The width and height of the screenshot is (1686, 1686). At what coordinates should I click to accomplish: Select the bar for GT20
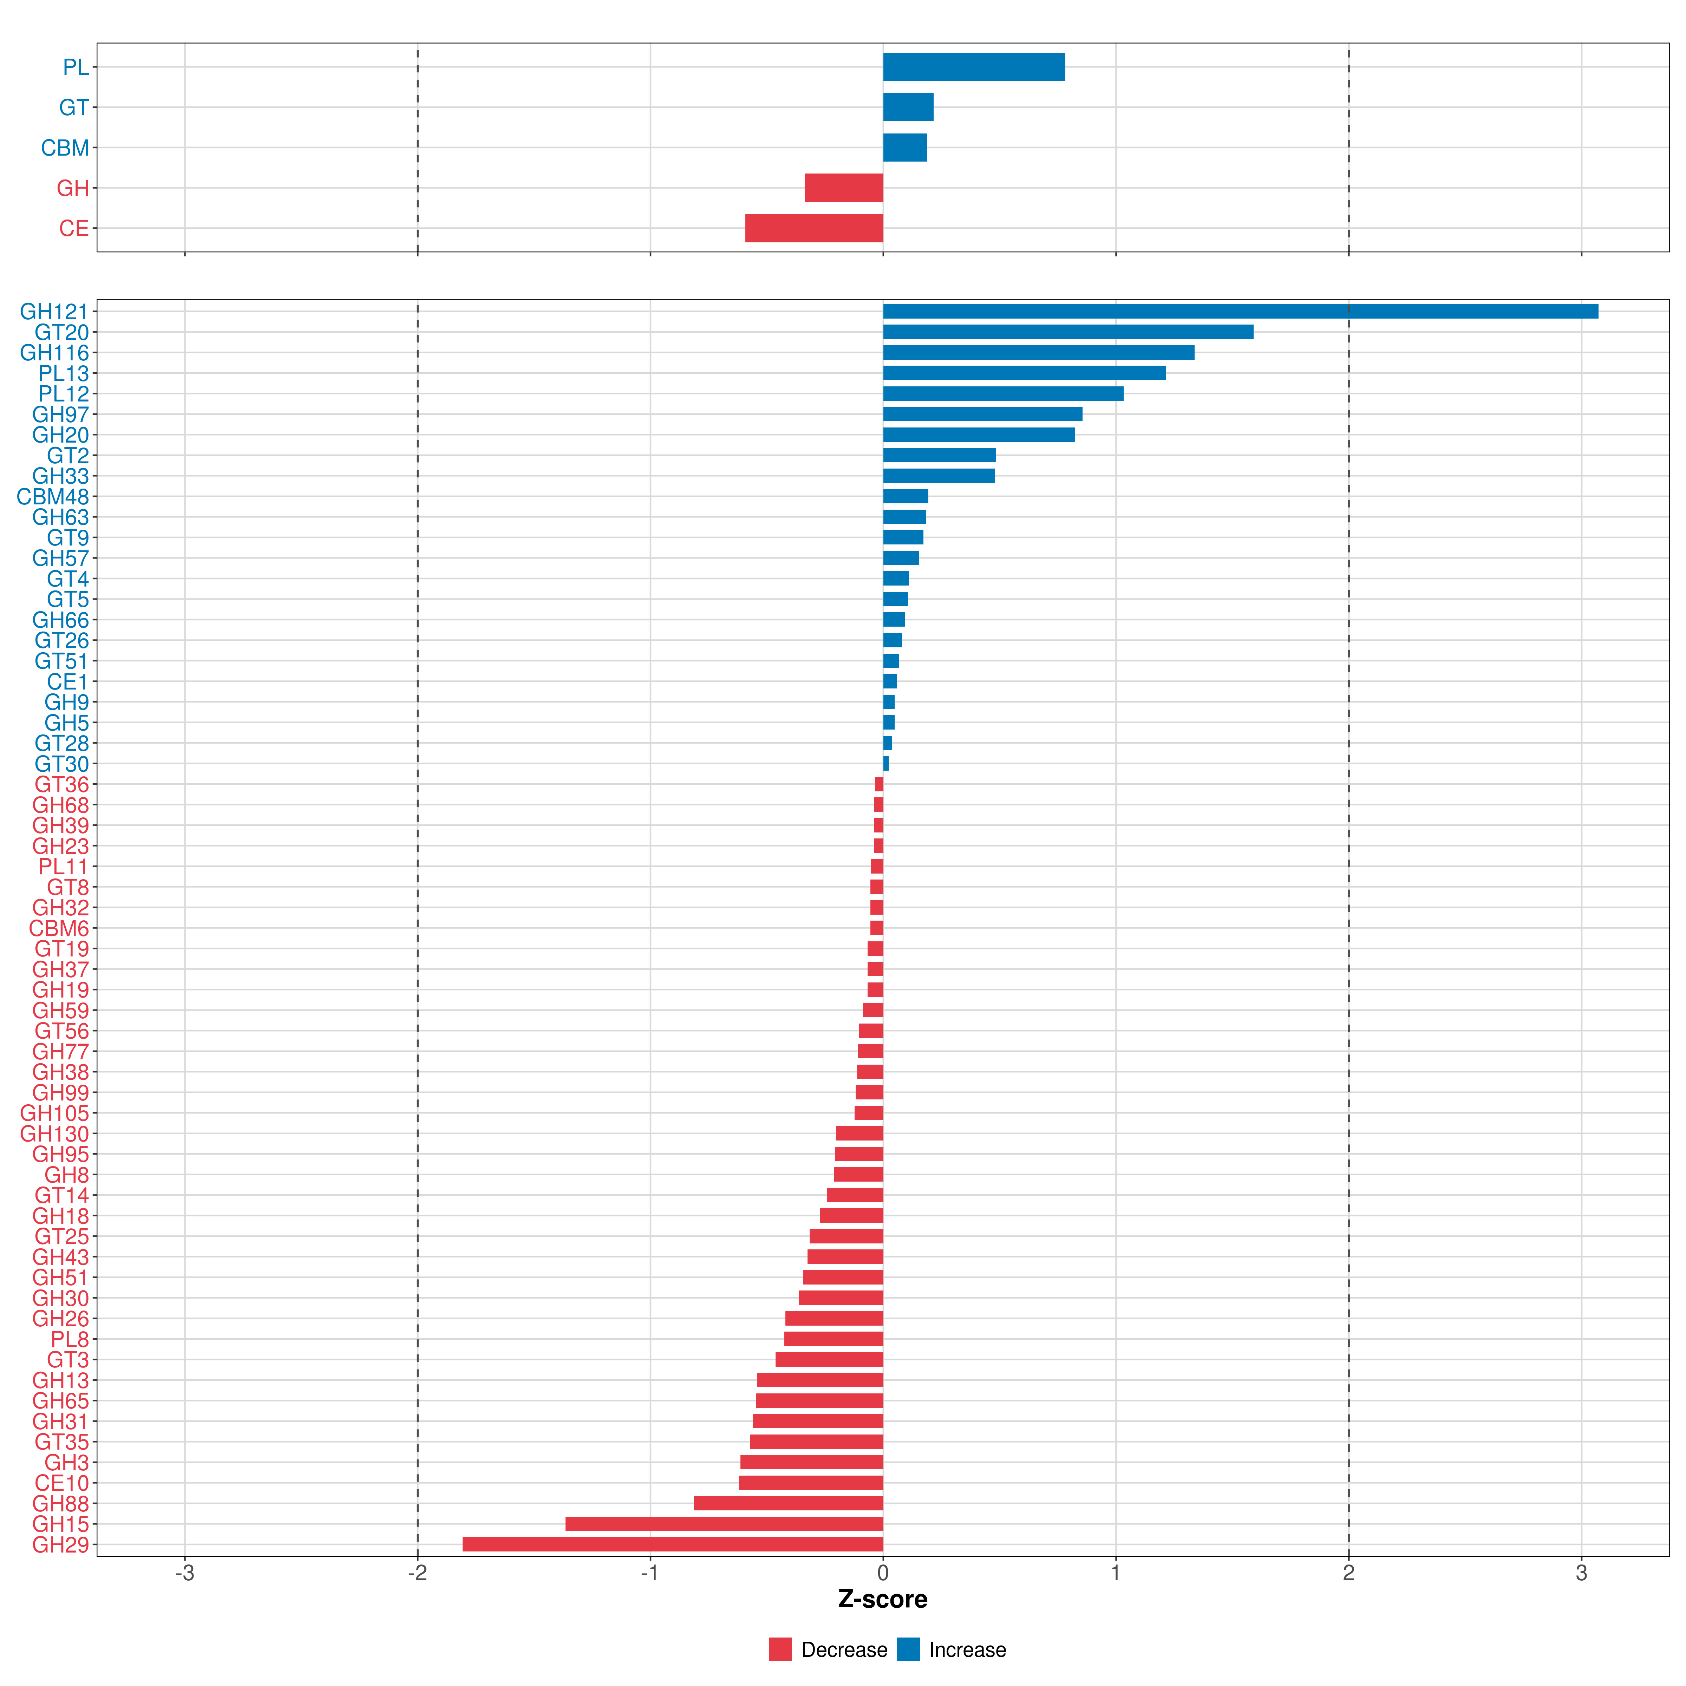tap(1068, 332)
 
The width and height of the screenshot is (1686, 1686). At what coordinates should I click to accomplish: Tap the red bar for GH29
tap(673, 1545)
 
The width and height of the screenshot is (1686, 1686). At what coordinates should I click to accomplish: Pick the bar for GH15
tap(724, 1524)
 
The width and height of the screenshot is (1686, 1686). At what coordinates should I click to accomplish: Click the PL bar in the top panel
tap(974, 67)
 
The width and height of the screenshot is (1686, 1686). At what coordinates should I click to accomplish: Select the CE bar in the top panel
tap(814, 228)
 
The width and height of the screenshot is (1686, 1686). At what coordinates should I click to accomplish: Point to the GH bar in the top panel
tap(844, 188)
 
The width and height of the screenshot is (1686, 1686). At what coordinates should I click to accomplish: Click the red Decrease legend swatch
tap(780, 1649)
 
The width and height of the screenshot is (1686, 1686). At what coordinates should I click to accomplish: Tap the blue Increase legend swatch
tap(908, 1649)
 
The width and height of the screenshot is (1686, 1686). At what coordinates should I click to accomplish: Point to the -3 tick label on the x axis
tap(184, 1574)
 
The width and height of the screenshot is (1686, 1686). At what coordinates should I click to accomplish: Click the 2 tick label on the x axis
tap(1348, 1574)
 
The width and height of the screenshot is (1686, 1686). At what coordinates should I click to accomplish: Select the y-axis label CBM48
tap(53, 497)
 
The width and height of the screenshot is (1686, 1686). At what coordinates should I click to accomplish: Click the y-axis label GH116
tap(55, 353)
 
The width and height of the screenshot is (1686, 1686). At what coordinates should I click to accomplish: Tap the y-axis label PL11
tap(64, 867)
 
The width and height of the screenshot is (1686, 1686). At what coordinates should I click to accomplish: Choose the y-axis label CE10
tap(62, 1483)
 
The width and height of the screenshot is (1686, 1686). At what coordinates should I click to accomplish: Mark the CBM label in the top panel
tap(65, 148)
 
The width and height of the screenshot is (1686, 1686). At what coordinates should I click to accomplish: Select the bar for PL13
tap(1025, 373)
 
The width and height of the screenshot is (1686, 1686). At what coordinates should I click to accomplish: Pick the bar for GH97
tap(983, 414)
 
